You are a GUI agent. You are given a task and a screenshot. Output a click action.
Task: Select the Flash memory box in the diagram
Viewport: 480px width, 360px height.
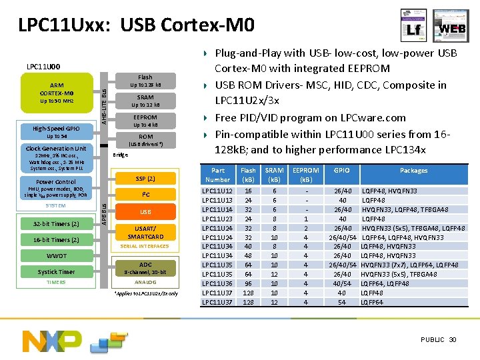pos(145,81)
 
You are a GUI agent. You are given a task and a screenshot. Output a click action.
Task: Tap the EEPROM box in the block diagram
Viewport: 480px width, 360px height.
pos(145,121)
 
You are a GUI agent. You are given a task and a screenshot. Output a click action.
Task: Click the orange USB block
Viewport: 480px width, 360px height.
pos(145,212)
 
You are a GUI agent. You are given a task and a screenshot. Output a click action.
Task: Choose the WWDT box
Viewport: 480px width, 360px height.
pos(57,256)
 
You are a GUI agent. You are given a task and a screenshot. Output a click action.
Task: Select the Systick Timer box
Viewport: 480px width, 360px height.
pos(57,271)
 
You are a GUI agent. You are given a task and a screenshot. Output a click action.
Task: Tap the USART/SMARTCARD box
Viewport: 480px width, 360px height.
pos(145,233)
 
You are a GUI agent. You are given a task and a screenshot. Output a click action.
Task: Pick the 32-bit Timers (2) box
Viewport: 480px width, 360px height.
pos(57,223)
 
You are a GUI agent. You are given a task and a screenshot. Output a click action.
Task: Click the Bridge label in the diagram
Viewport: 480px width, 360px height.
pos(121,155)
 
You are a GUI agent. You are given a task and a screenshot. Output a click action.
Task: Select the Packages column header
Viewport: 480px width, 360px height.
pos(413,171)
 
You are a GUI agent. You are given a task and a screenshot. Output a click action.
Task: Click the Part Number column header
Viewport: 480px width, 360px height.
pos(217,175)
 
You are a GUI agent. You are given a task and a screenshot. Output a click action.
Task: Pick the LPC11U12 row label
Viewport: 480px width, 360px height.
pos(217,191)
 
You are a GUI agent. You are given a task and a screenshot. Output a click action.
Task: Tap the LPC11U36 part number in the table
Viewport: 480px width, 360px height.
pos(217,283)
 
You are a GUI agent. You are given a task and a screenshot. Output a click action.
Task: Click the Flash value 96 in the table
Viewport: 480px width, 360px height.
pos(248,283)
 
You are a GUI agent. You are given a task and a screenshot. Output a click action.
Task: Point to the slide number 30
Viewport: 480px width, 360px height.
pos(453,340)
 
